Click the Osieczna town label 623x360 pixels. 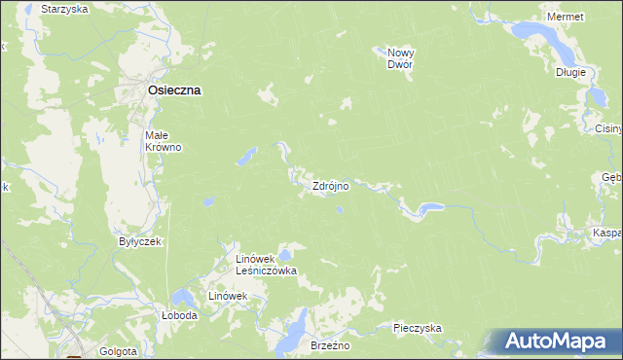pos(174,90)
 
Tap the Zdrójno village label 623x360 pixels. pos(330,185)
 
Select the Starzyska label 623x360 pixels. pos(64,8)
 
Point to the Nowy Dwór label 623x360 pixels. pos(400,57)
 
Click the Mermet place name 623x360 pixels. pos(566,18)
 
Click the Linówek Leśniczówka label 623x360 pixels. pos(266,265)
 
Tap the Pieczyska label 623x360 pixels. pos(418,328)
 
